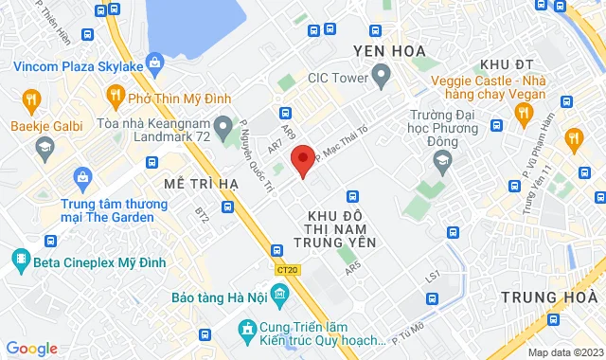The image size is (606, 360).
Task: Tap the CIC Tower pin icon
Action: click(x=382, y=74)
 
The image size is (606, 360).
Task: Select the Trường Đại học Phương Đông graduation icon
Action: click(x=441, y=163)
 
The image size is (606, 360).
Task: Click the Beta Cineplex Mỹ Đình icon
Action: click(x=21, y=258)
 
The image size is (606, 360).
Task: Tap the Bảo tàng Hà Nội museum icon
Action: click(x=278, y=297)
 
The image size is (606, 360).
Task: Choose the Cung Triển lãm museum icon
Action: click(x=246, y=329)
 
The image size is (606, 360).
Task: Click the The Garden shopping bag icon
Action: click(x=82, y=175)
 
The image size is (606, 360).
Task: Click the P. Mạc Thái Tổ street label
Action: click(x=343, y=146)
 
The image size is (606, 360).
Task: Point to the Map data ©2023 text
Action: click(x=564, y=352)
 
